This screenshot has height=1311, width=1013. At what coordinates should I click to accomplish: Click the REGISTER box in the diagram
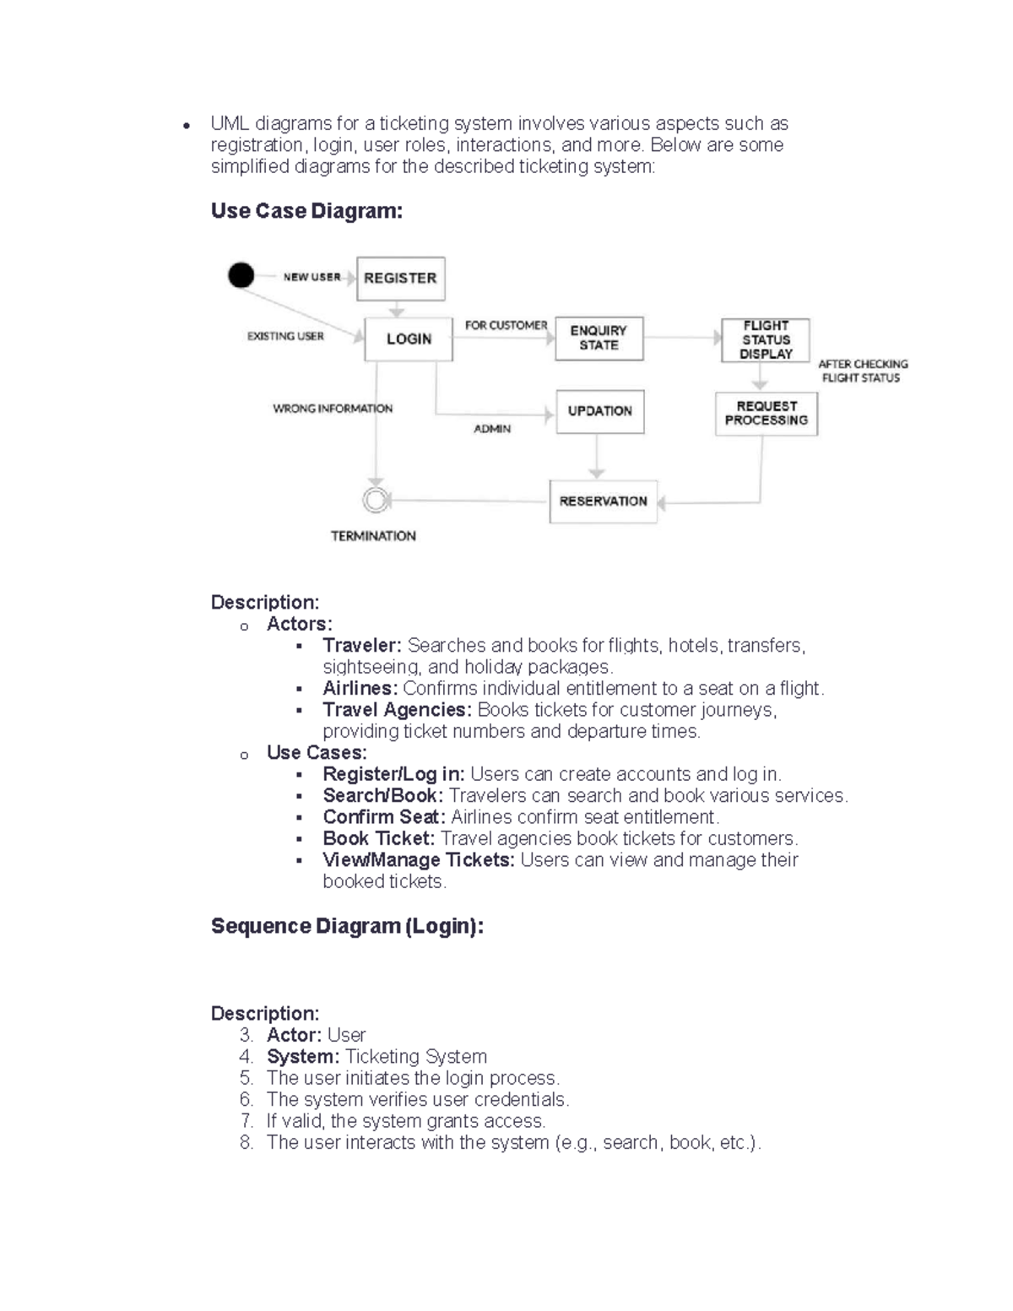(400, 279)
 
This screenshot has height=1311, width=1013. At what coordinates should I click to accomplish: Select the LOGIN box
(409, 339)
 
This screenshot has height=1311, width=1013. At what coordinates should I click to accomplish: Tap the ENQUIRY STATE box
(599, 338)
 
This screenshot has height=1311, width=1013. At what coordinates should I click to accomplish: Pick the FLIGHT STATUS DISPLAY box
(766, 339)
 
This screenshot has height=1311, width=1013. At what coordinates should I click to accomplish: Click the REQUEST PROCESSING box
(766, 413)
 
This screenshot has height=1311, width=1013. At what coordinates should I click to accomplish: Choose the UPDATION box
(599, 411)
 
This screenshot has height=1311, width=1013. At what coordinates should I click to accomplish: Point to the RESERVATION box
(603, 501)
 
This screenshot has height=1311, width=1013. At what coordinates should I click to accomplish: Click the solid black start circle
(241, 275)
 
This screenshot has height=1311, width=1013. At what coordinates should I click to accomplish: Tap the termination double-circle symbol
(376, 501)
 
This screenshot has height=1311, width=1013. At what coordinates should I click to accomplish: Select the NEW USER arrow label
(311, 277)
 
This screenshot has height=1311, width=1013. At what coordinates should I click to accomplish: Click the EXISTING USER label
(285, 336)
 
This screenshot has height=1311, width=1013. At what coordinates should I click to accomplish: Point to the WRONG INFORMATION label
(333, 409)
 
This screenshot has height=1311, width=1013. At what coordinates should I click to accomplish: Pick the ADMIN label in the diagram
(492, 429)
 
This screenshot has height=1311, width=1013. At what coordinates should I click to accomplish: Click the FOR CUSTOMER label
(506, 325)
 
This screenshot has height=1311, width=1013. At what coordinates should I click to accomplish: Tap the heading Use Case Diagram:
(306, 211)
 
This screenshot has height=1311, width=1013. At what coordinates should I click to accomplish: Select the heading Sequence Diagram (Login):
(347, 926)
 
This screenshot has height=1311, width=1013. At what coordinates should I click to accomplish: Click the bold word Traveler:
(362, 646)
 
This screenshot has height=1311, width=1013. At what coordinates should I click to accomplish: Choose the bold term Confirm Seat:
(384, 817)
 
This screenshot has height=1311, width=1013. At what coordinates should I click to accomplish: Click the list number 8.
(246, 1143)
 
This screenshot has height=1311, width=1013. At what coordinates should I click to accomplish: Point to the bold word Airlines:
(360, 689)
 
